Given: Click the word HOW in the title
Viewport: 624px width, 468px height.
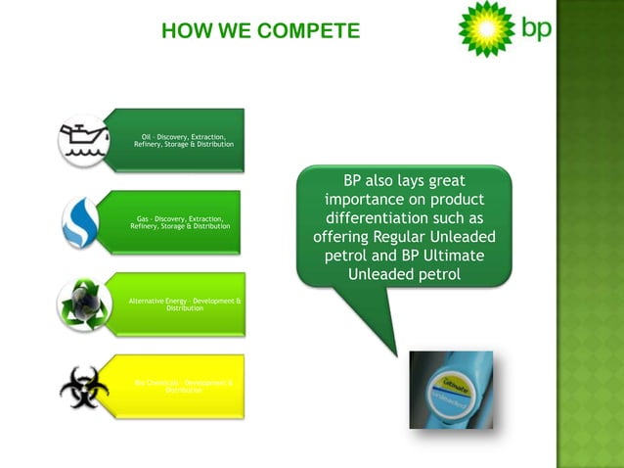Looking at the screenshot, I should pos(186,32).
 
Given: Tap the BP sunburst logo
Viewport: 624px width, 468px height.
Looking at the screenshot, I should pos(486,29).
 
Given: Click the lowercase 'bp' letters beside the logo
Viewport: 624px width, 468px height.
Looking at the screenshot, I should pos(535,28).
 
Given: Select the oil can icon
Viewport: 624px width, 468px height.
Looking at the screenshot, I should pos(85,140).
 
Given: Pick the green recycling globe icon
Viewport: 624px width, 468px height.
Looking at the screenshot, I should pos(83,303).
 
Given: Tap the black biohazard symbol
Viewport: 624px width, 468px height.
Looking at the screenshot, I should pos(83,386).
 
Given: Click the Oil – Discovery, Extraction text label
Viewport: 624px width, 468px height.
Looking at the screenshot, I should pos(184,140).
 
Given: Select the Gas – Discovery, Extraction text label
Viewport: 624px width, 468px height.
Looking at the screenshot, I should pos(181,222).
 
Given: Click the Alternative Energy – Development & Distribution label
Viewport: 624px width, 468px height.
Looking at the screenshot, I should pos(185,304).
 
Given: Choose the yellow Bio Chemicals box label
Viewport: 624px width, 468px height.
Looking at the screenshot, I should pos(184,386).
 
